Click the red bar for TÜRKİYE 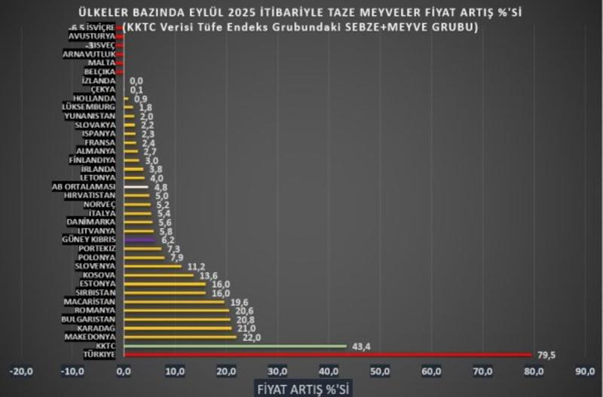coord(327,355)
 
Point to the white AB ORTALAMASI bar coord(136,186)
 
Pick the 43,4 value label coord(361,346)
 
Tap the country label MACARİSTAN coord(89,301)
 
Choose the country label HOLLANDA coord(94,98)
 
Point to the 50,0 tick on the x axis coord(380,371)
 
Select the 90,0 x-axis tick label coord(585,371)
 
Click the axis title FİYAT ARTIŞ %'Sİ coord(301,388)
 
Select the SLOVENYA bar coord(152,266)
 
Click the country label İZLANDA coord(98,80)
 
